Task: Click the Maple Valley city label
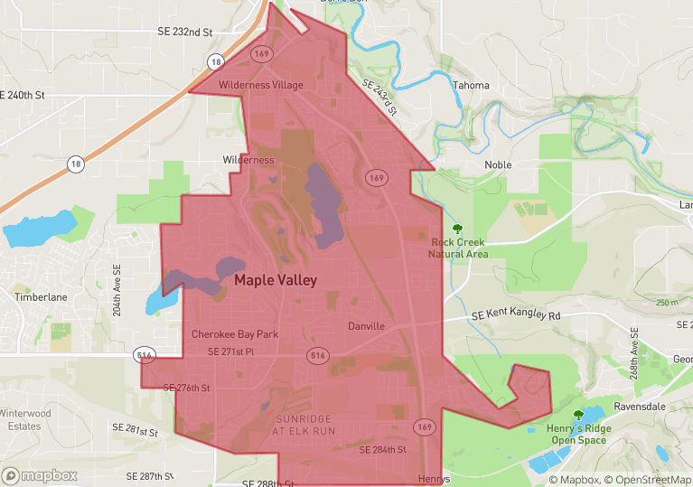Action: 276,281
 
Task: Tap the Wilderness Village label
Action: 261,85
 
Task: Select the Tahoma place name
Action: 471,86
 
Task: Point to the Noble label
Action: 498,165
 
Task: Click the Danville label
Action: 366,326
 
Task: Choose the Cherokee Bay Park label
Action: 235,334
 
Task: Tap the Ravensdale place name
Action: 639,407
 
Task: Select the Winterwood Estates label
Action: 21,419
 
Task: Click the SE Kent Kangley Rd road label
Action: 516,316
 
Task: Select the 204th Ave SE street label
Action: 117,290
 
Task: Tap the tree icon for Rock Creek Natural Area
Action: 457,229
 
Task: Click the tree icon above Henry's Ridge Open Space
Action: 578,416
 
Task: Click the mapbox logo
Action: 39,475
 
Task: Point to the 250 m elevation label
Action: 668,303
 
